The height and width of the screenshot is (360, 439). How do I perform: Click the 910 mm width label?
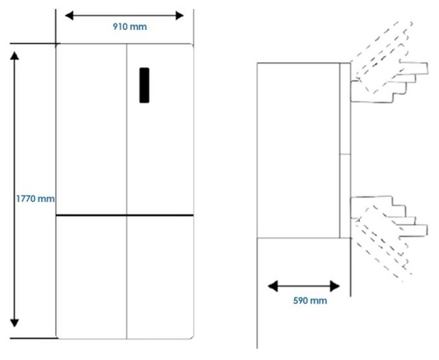click(130, 26)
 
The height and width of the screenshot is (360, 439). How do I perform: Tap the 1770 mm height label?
click(35, 198)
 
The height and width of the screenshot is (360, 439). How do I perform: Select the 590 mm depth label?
click(310, 300)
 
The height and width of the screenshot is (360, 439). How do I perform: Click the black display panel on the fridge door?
click(144, 85)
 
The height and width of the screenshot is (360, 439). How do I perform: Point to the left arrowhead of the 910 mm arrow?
click(69, 16)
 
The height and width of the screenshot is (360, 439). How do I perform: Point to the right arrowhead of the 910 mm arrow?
click(179, 16)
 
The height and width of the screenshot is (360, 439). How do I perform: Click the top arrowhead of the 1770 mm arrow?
click(14, 56)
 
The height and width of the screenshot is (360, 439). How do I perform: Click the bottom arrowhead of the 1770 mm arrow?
click(14, 323)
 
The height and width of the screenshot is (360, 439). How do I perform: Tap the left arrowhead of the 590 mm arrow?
click(272, 286)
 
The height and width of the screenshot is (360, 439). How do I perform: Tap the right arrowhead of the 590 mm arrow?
click(335, 286)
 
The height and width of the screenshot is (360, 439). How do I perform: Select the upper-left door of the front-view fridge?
click(91, 129)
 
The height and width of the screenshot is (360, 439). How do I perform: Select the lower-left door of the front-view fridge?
click(91, 277)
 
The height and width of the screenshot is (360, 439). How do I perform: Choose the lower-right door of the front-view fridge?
click(160, 277)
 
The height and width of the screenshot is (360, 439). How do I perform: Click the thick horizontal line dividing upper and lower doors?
click(125, 215)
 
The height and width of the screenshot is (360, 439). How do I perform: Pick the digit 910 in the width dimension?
click(120, 26)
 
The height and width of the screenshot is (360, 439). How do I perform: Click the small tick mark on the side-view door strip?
click(345, 154)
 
